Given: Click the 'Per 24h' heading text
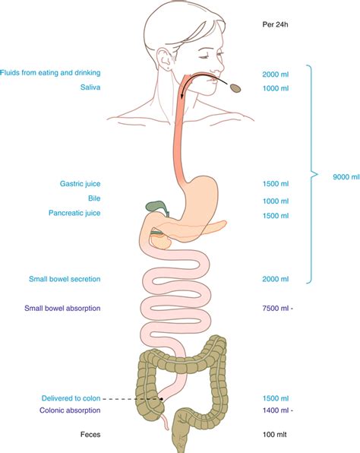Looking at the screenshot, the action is [275, 24].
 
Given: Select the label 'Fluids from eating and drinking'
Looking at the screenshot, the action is [50, 72].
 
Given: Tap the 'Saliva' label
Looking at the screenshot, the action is [90, 87].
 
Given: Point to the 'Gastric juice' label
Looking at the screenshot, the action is [81, 184].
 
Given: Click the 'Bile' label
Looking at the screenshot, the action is [94, 198].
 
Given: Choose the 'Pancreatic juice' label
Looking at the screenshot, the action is [74, 213].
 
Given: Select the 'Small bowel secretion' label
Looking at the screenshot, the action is [65, 279].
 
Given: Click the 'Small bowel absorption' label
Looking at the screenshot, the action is [62, 309].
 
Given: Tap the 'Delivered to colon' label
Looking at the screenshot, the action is [71, 398].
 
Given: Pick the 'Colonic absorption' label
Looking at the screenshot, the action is [70, 410].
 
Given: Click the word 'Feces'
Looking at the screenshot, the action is [90, 435].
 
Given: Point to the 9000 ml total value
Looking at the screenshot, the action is [346, 177].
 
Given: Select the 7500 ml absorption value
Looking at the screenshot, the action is [276, 309].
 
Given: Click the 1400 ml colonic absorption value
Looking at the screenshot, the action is [276, 410].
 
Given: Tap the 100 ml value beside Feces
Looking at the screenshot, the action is [274, 435].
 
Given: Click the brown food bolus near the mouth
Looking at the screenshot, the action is [235, 88].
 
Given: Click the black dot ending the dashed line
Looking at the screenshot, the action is [162, 399].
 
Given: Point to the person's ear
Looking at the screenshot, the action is [164, 59].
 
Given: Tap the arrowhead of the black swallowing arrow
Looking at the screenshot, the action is [182, 96].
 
